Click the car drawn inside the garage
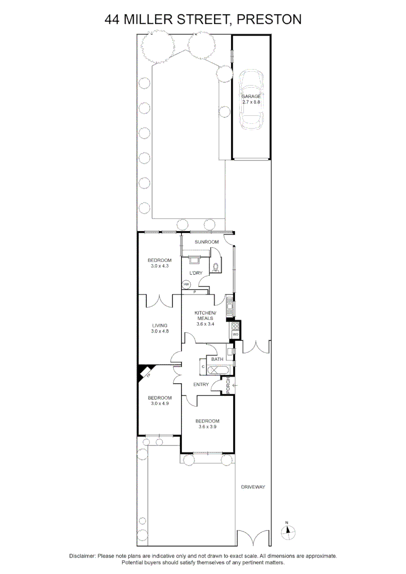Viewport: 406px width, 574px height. point(251,100)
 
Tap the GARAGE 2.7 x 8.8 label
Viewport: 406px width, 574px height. point(251,99)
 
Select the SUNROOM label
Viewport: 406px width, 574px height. point(207,242)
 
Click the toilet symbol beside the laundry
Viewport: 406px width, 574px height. point(216,267)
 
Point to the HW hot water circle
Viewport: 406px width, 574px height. point(186,285)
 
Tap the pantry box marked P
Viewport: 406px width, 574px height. point(195,292)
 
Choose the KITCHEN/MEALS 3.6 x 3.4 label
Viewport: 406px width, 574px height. point(205,318)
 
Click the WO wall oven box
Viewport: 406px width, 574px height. point(235,334)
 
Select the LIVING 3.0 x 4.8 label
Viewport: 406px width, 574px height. point(159,328)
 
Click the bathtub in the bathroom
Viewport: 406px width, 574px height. point(217,367)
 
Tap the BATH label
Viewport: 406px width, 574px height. point(217,360)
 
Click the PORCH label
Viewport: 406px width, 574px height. point(228,386)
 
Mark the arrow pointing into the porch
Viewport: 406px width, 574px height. point(235,385)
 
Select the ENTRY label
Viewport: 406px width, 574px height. point(201,385)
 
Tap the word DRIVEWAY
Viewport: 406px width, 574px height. point(252,487)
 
